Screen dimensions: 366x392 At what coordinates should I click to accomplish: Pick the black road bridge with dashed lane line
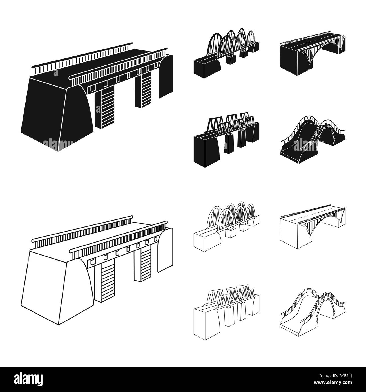(x=313, y=53)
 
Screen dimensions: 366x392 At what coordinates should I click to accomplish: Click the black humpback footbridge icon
(x=313, y=140)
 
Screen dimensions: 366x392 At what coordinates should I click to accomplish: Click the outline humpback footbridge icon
(x=313, y=313)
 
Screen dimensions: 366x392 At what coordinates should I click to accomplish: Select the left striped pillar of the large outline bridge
(x=105, y=281)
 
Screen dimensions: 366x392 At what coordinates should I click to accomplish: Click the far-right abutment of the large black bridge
(x=166, y=76)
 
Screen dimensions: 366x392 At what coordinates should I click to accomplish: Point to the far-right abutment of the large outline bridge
(x=165, y=250)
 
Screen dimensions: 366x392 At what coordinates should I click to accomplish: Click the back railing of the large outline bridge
(x=82, y=232)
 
